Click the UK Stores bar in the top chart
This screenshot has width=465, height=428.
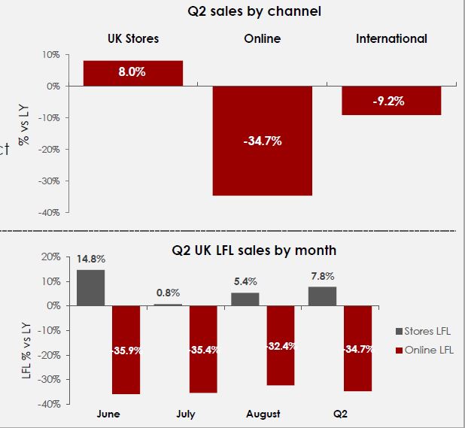click(x=132, y=73)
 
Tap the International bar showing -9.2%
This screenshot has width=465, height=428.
click(x=391, y=101)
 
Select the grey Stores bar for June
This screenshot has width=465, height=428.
click(x=90, y=287)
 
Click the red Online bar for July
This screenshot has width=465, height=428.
click(x=203, y=349)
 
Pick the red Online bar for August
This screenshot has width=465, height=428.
click(x=281, y=345)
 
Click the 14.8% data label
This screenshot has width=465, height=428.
click(x=90, y=260)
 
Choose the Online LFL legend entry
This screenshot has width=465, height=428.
click(x=427, y=349)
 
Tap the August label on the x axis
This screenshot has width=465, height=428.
click(x=263, y=414)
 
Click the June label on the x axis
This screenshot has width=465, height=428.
click(x=108, y=414)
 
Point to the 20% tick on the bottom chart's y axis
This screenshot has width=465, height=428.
click(x=50, y=256)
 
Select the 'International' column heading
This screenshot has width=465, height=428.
click(x=391, y=38)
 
